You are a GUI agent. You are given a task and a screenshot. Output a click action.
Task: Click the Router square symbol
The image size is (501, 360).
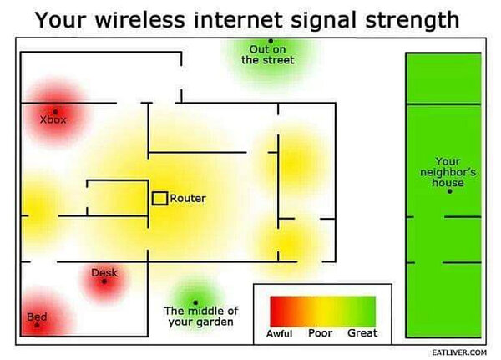(159, 199)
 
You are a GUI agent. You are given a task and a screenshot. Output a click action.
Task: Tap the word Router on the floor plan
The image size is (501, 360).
(188, 199)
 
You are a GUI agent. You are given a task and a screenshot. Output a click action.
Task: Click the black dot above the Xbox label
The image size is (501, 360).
(55, 111)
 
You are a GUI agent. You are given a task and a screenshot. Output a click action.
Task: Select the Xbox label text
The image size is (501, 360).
(53, 120)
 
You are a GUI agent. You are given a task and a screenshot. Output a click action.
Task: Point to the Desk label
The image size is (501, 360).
(104, 272)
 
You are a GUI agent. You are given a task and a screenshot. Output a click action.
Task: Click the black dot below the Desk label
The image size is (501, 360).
(104, 281)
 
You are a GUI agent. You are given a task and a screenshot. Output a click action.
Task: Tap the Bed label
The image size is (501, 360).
(37, 317)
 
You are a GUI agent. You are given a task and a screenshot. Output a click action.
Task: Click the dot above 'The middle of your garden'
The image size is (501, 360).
(195, 302)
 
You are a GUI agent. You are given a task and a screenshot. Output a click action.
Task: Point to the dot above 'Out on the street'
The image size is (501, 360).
(271, 41)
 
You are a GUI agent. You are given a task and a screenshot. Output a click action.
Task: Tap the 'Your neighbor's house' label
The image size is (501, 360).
(448, 172)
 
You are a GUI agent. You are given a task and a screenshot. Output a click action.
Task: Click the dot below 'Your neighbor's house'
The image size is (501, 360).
(449, 191)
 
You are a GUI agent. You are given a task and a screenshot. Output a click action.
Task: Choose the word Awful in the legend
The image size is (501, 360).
(279, 334)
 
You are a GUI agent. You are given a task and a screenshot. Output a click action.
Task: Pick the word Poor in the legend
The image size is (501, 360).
(321, 333)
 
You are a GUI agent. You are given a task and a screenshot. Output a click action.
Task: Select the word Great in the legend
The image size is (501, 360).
(362, 333)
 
